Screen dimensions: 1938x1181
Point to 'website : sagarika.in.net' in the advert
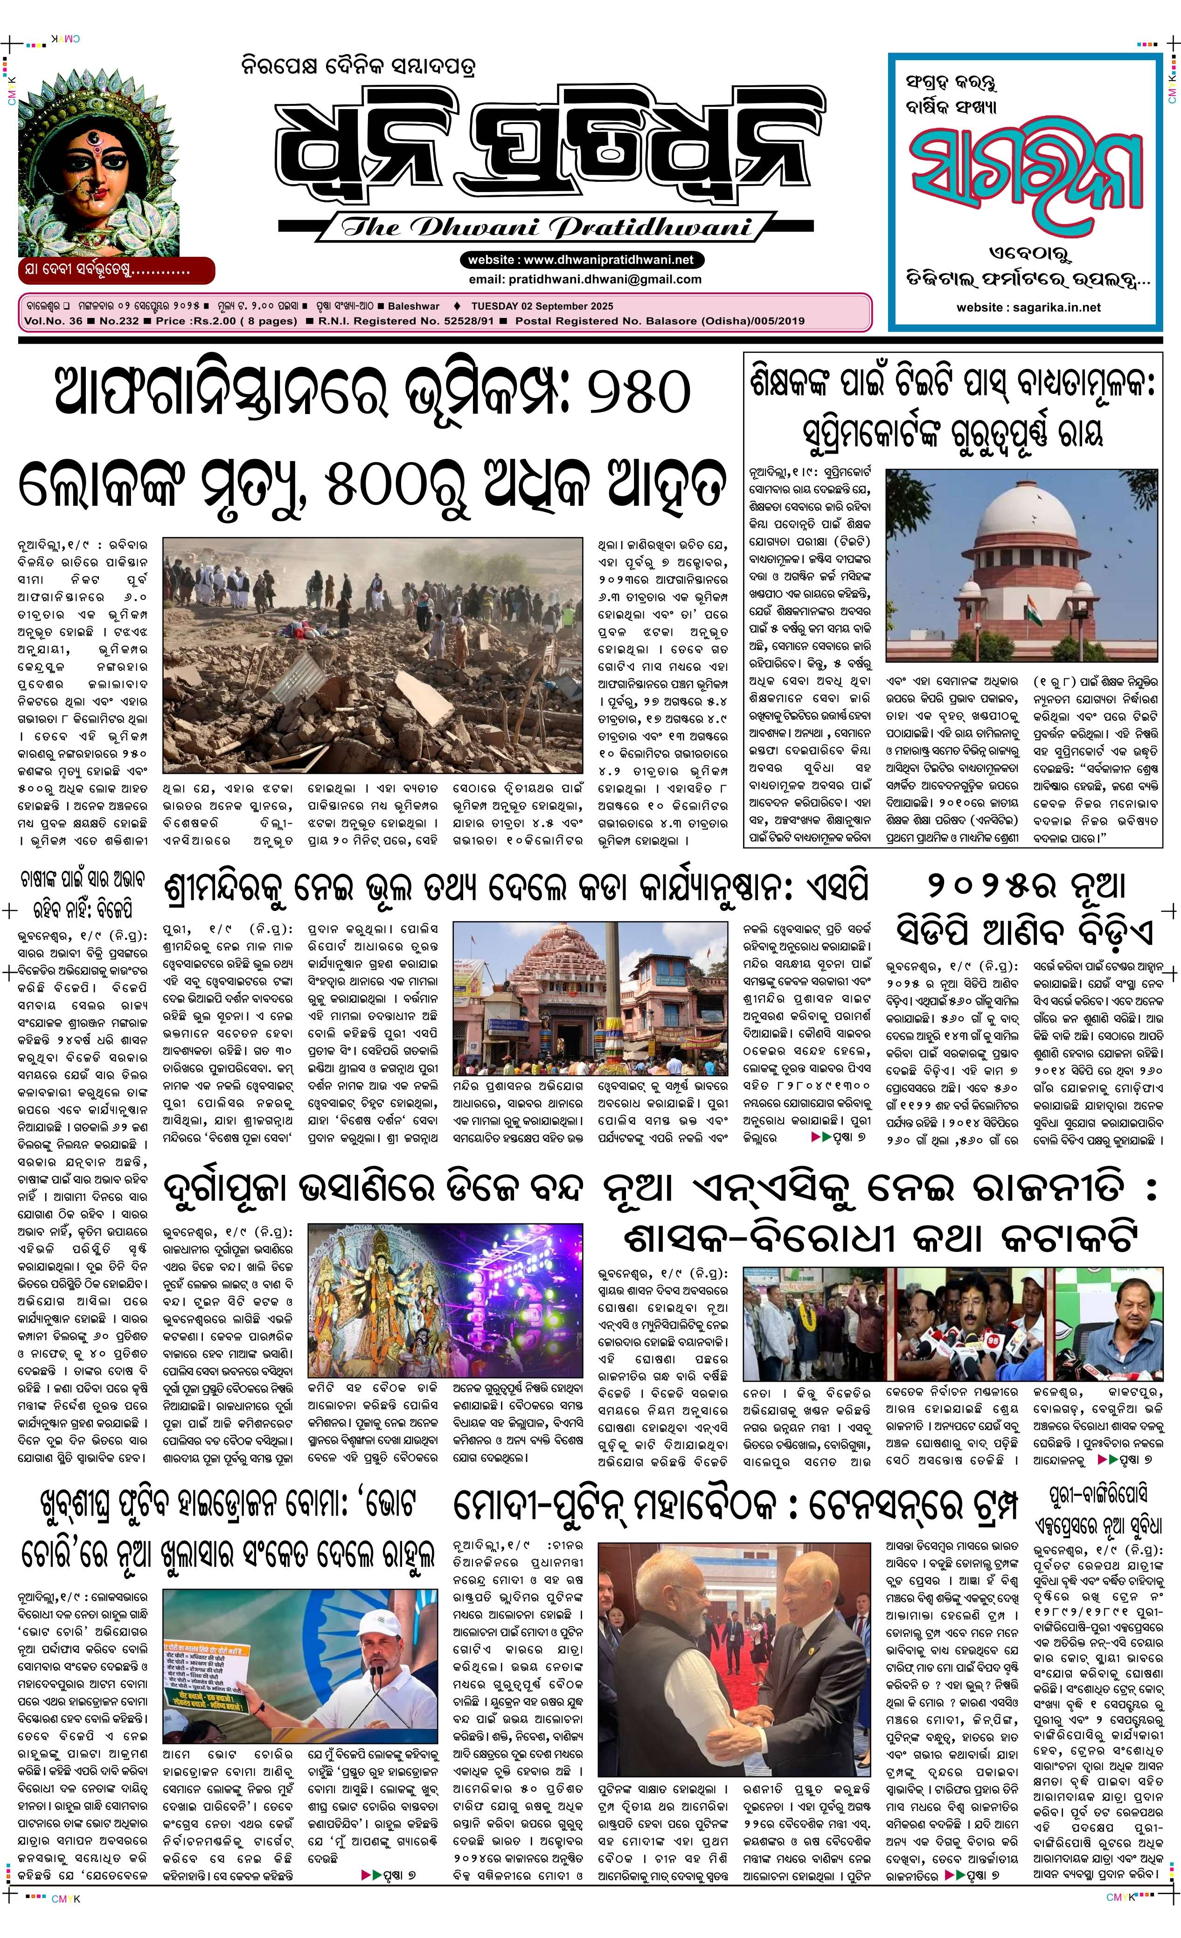tap(1028, 308)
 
